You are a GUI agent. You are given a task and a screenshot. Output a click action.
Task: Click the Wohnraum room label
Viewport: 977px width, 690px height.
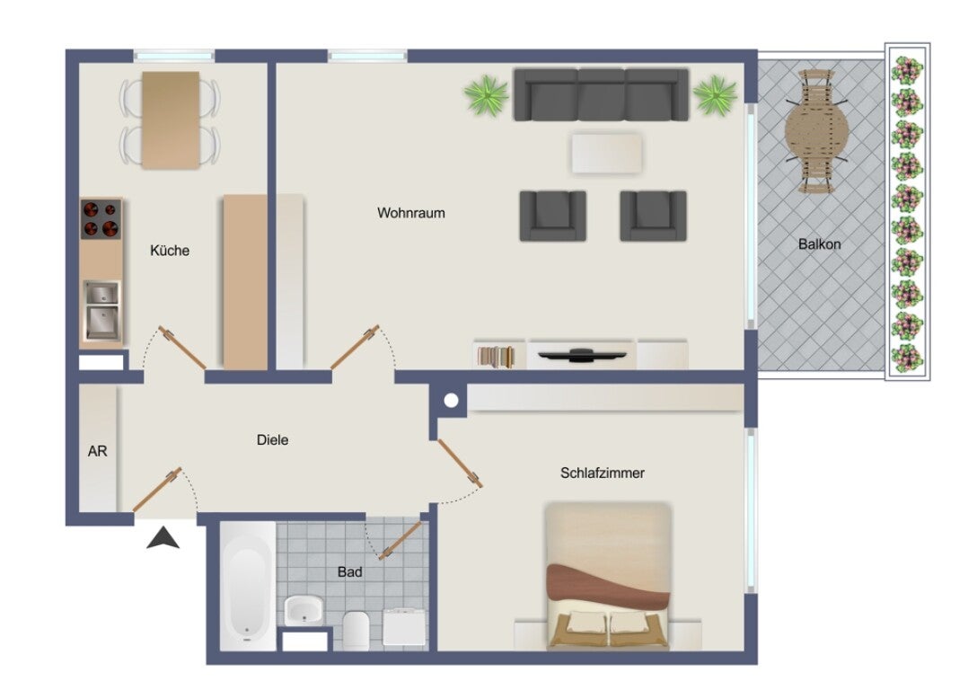(410, 213)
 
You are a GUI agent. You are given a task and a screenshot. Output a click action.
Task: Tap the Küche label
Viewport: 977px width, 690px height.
(170, 251)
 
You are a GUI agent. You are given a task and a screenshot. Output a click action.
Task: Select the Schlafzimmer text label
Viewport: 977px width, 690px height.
(602, 473)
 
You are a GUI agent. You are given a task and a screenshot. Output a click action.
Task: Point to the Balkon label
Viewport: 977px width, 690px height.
(819, 244)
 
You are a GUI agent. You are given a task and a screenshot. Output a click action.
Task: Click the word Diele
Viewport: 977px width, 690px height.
(272, 440)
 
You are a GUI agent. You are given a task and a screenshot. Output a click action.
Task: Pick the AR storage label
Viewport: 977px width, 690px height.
(97, 451)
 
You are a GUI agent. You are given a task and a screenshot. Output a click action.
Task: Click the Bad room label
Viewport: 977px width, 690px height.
(349, 572)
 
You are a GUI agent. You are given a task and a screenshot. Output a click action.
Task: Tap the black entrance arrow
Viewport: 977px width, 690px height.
(163, 538)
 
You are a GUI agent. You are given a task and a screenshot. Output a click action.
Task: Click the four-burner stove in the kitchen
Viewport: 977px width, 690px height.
(101, 219)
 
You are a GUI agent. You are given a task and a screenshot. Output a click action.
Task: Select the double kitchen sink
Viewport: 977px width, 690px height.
(102, 311)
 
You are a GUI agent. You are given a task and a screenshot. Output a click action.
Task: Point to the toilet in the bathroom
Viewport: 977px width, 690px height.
(356, 630)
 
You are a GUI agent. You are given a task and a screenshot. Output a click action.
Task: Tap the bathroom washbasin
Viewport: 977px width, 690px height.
(304, 610)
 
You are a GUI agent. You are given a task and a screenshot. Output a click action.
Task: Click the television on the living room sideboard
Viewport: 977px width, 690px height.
(582, 355)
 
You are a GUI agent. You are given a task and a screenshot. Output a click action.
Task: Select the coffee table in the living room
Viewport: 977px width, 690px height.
(606, 154)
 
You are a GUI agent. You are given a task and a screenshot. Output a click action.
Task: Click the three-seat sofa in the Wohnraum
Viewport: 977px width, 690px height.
(601, 94)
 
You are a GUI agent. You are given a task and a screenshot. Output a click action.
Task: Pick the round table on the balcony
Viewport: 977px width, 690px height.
(816, 131)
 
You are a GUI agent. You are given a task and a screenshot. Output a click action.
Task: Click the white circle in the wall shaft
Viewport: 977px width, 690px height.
(451, 400)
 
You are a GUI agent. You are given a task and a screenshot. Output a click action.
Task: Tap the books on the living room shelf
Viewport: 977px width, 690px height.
(496, 357)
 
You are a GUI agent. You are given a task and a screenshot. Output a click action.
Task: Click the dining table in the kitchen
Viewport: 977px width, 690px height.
(170, 119)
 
